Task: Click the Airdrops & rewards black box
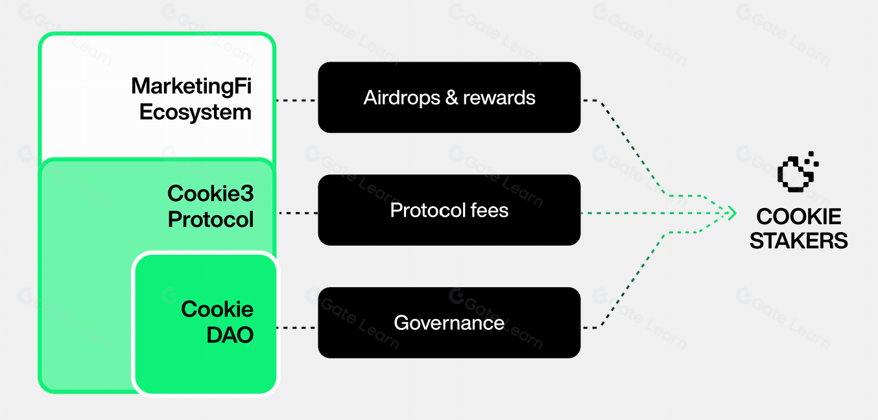(449, 97)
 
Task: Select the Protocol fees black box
(449, 210)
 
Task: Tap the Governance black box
(449, 322)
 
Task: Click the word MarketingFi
(191, 86)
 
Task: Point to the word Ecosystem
(195, 112)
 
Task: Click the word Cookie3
(211, 193)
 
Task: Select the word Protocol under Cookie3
(211, 220)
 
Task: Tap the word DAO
(230, 335)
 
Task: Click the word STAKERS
(799, 241)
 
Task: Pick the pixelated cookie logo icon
(797, 172)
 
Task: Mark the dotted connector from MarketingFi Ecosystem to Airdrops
(296, 100)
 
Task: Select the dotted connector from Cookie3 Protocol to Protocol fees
(298, 213)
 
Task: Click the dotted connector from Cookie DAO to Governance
(296, 327)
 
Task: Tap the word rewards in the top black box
(499, 98)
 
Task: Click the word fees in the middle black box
(491, 210)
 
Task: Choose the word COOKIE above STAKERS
(799, 216)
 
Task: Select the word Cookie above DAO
(217, 309)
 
